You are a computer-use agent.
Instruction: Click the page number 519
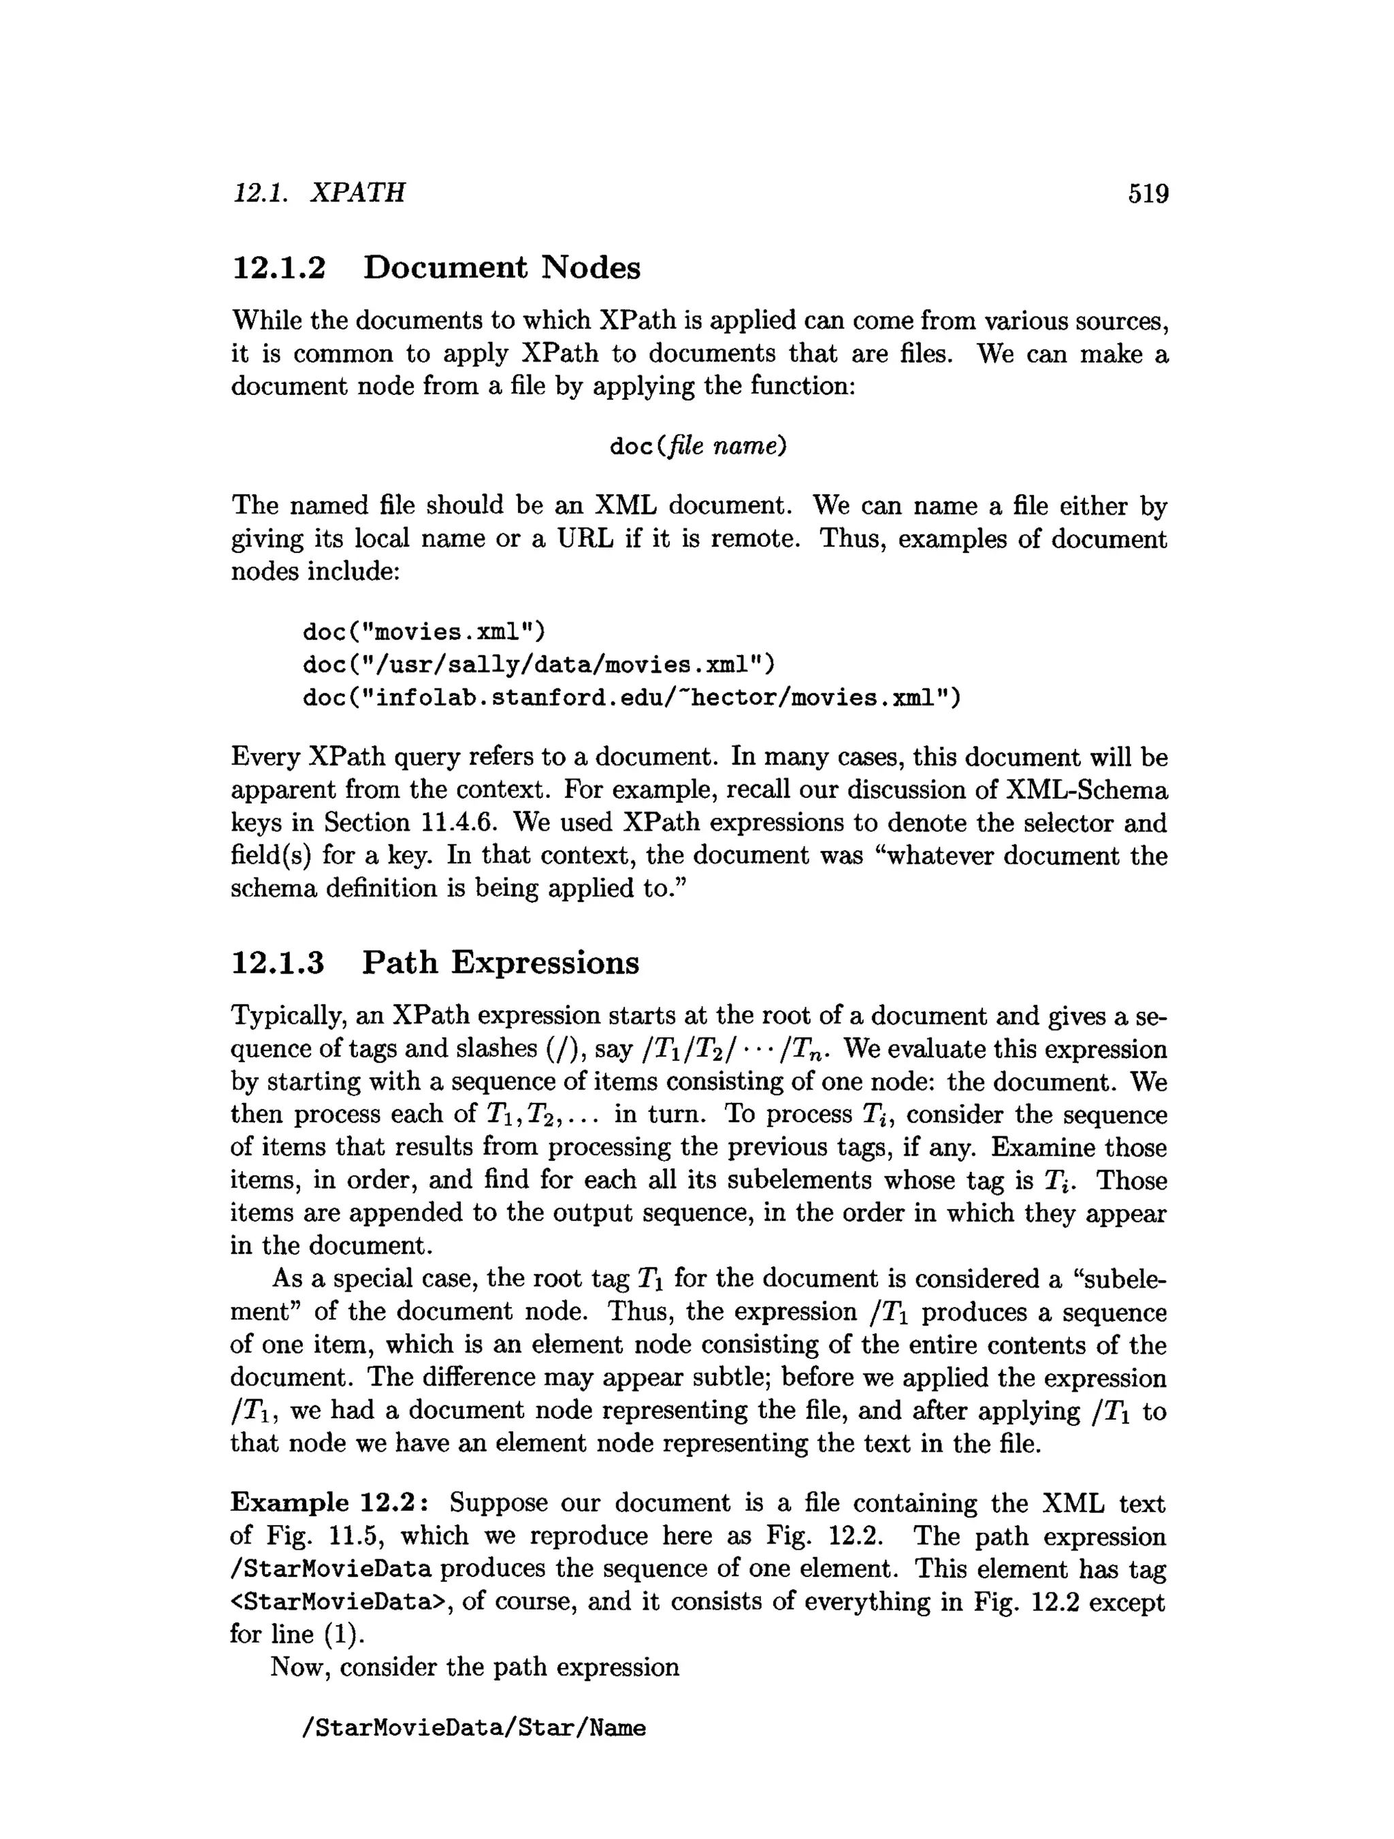[1148, 194]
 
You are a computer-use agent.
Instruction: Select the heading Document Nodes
[502, 268]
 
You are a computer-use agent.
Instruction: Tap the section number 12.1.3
[278, 963]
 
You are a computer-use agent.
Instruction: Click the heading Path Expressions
[501, 963]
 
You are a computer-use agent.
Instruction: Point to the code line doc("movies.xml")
[424, 633]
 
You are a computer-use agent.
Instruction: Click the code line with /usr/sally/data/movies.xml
[538, 665]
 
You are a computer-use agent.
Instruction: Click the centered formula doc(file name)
[698, 447]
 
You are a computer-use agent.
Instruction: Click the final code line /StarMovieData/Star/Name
[474, 1729]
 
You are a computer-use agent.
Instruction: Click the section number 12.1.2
[278, 268]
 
